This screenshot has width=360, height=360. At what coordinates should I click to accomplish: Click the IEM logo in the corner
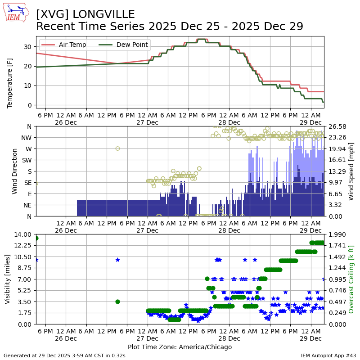click(x=16, y=13)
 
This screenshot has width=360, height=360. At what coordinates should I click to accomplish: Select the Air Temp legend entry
click(x=72, y=45)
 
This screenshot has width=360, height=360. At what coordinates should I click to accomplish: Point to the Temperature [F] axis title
click(x=10, y=83)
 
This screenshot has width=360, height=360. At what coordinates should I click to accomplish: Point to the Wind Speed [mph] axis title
click(x=351, y=171)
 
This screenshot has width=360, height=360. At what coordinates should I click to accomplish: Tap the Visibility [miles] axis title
click(x=8, y=279)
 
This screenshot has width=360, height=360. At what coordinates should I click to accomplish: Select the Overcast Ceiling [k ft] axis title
click(x=351, y=279)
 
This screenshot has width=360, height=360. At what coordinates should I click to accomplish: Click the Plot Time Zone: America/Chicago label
click(x=180, y=347)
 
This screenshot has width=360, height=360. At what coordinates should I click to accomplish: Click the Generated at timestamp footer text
click(x=64, y=355)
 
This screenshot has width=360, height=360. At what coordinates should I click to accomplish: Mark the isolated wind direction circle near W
click(x=117, y=148)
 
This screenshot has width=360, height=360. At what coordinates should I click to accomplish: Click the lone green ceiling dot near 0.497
click(x=117, y=301)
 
